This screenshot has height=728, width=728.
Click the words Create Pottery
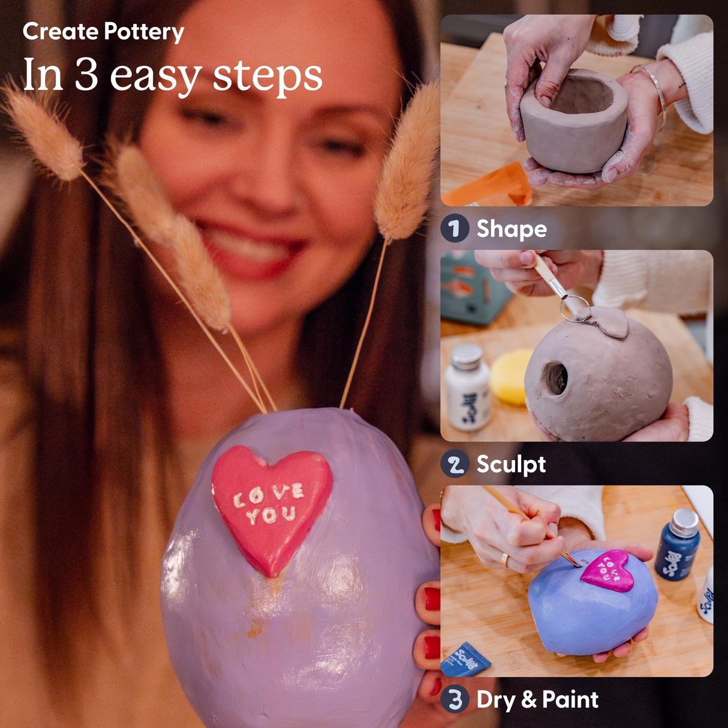pos(103,32)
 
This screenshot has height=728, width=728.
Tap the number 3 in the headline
pos(86,76)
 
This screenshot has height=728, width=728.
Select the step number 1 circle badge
pos(455,228)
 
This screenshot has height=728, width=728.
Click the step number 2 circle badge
pos(455,464)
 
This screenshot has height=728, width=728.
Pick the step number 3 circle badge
pos(455,699)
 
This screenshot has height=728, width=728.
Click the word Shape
pos(512,229)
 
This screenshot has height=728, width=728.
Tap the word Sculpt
pos(511,464)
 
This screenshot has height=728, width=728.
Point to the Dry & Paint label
pos(537,699)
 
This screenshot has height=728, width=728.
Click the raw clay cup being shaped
pos(573,123)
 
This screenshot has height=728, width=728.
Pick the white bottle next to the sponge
pos(467,388)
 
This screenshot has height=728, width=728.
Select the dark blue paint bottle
pos(678,544)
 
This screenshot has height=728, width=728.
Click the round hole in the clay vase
pos(555,378)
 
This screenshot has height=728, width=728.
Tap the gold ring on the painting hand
pos(505,559)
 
